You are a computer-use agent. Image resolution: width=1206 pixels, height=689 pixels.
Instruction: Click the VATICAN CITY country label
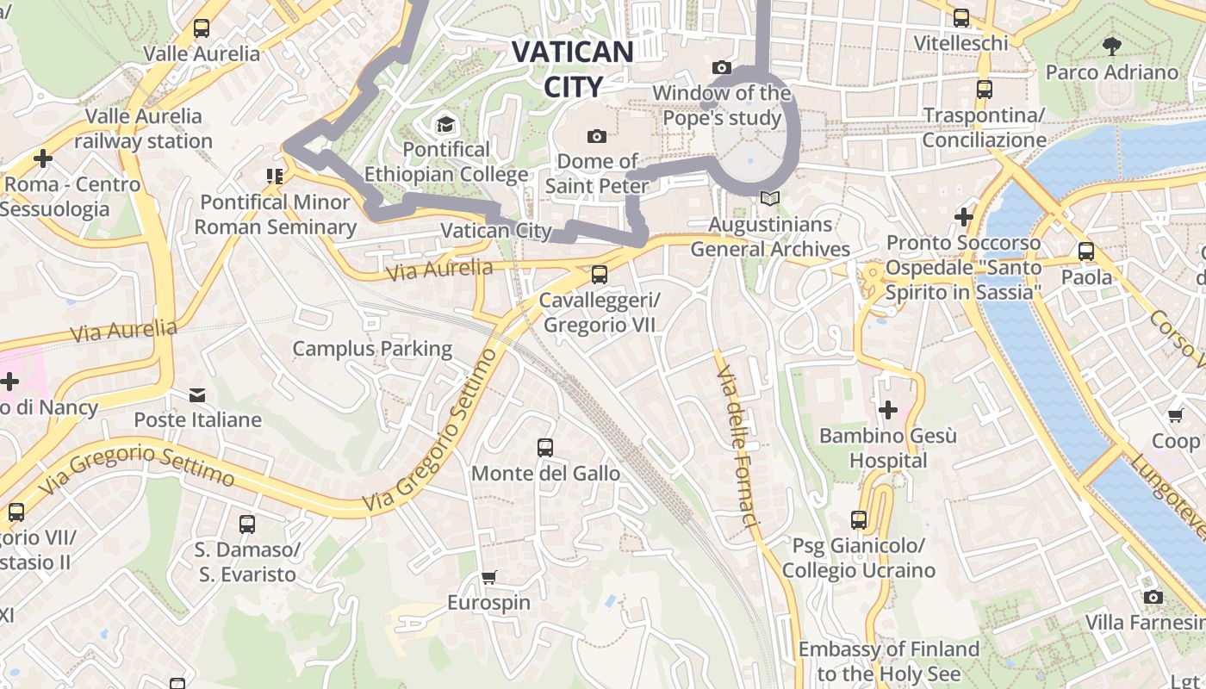tap(572, 68)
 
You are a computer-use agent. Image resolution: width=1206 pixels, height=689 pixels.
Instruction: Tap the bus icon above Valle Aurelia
tap(202, 28)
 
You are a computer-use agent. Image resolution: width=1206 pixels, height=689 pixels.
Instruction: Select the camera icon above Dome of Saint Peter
tap(596, 136)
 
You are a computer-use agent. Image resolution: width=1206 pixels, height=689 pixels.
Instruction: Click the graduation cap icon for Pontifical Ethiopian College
tap(445, 125)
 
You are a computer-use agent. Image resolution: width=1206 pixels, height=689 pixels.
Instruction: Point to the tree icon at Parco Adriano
tap(1111, 47)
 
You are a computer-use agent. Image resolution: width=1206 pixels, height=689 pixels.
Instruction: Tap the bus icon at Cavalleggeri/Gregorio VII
tap(599, 275)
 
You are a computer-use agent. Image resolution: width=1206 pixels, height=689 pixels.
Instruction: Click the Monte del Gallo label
tap(545, 473)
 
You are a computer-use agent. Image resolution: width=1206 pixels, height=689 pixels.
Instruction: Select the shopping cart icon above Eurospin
tap(488, 577)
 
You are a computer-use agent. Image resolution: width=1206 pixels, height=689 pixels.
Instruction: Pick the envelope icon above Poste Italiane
tap(197, 395)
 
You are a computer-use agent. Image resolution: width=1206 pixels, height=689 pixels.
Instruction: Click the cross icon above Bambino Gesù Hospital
tap(887, 410)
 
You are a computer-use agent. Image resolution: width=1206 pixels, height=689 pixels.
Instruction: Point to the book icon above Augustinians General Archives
tap(769, 199)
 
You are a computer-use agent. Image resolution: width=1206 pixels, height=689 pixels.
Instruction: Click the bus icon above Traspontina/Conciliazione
tap(984, 89)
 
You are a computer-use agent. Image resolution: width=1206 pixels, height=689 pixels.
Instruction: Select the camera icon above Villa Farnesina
tap(1153, 597)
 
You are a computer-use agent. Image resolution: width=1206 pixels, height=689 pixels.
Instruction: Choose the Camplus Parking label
tap(372, 348)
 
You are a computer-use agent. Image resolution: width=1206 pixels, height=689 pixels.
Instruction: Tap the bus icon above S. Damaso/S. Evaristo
tap(246, 524)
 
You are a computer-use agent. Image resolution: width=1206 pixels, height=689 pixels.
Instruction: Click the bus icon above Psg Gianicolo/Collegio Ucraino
tap(858, 520)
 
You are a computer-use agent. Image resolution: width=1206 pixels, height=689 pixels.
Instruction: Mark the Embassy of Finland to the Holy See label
tap(888, 661)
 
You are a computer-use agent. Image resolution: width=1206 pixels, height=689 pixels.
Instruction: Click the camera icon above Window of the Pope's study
tap(722, 67)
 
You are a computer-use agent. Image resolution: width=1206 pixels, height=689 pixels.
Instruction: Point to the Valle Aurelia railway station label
tap(143, 128)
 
